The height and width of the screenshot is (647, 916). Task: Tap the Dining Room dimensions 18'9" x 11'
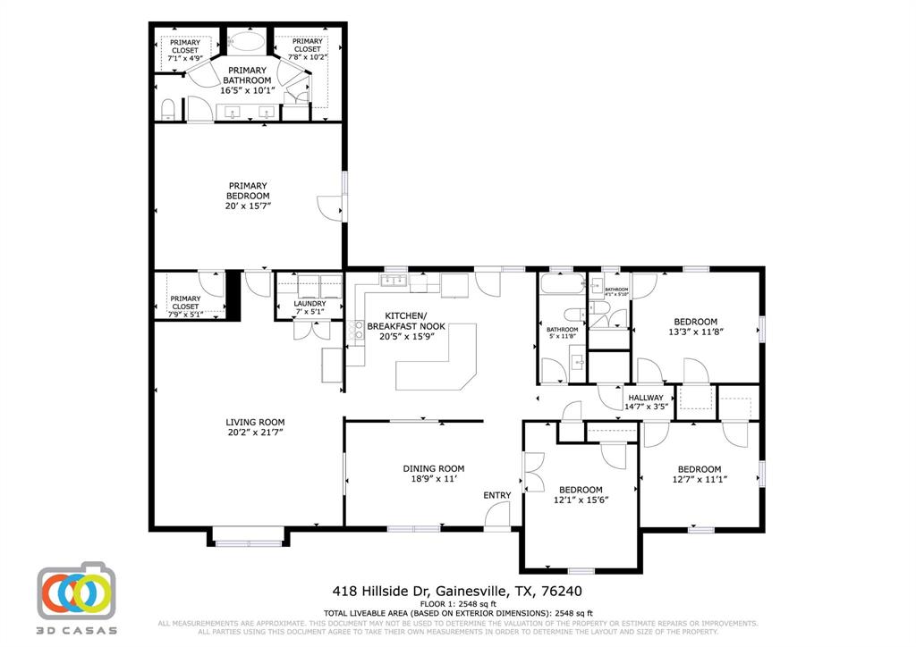(x=433, y=479)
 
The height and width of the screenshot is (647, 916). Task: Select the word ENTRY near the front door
(x=497, y=495)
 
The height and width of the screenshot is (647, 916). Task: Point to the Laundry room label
(x=310, y=304)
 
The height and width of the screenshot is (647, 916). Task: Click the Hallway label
(x=646, y=398)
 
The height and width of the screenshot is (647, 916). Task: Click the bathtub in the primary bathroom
(x=244, y=42)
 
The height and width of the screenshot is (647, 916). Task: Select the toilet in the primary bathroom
(x=168, y=110)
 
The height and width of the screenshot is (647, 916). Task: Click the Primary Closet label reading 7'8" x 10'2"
(x=307, y=48)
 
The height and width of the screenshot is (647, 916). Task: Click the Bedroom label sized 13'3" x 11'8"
(x=695, y=326)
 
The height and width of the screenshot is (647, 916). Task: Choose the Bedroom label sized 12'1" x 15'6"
(x=581, y=495)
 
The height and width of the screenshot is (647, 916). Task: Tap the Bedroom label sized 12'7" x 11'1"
(x=699, y=475)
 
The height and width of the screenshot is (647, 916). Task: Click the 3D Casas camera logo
(x=77, y=591)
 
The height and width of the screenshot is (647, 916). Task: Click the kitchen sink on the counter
(x=392, y=281)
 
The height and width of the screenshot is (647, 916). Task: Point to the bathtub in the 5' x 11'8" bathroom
(x=560, y=286)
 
